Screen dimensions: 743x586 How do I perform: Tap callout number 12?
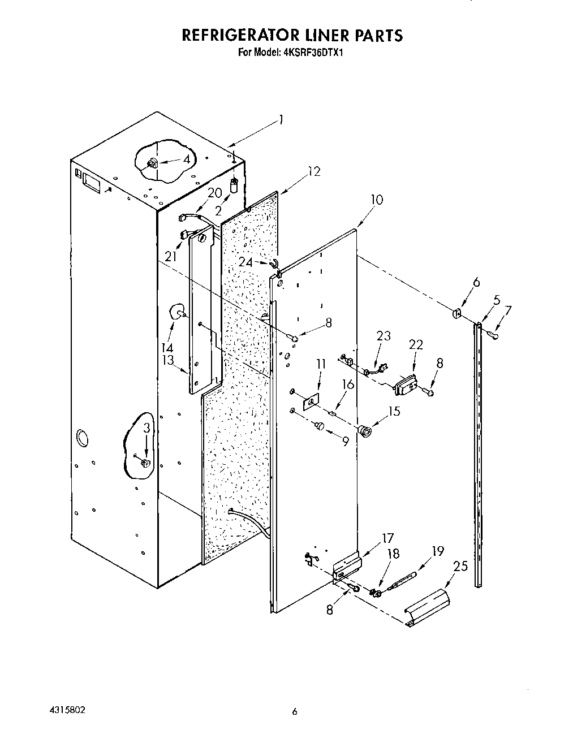tap(314, 171)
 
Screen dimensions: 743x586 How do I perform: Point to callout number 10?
tap(376, 199)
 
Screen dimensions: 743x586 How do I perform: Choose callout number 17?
tap(387, 539)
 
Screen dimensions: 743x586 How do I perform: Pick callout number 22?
tap(416, 344)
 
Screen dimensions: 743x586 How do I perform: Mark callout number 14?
tap(168, 347)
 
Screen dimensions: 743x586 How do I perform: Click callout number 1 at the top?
tap(281, 120)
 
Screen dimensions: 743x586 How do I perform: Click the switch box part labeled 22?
tap(406, 386)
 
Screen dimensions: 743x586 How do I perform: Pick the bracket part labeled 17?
tap(347, 567)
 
